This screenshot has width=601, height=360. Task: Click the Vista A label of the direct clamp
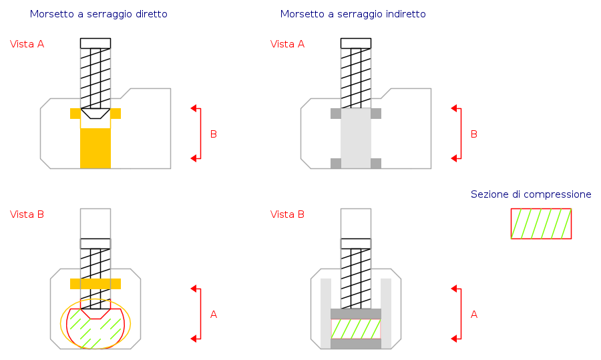pyautogui.click(x=27, y=44)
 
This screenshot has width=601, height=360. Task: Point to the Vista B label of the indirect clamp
pyautogui.click(x=287, y=214)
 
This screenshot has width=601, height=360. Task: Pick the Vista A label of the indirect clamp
pyautogui.click(x=287, y=44)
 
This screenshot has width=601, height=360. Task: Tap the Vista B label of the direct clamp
pyautogui.click(x=27, y=214)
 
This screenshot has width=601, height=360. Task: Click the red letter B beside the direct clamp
pyautogui.click(x=214, y=134)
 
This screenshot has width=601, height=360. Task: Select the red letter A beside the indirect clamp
pyautogui.click(x=474, y=315)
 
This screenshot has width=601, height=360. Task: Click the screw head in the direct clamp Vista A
pyautogui.click(x=95, y=43)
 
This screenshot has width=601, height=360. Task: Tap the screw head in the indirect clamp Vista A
pyautogui.click(x=356, y=43)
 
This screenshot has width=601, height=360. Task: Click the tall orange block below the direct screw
pyautogui.click(x=95, y=148)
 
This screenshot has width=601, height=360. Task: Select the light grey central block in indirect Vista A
pyautogui.click(x=356, y=138)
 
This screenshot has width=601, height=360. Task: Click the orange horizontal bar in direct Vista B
pyautogui.click(x=95, y=284)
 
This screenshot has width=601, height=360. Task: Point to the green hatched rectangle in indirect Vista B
pyautogui.click(x=356, y=329)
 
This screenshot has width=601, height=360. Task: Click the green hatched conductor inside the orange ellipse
pyautogui.click(x=95, y=330)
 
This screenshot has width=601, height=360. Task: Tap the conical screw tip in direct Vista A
pyautogui.click(x=95, y=114)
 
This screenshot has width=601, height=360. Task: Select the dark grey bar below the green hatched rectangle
pyautogui.click(x=356, y=344)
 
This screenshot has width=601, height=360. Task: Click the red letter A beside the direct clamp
pyautogui.click(x=214, y=315)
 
